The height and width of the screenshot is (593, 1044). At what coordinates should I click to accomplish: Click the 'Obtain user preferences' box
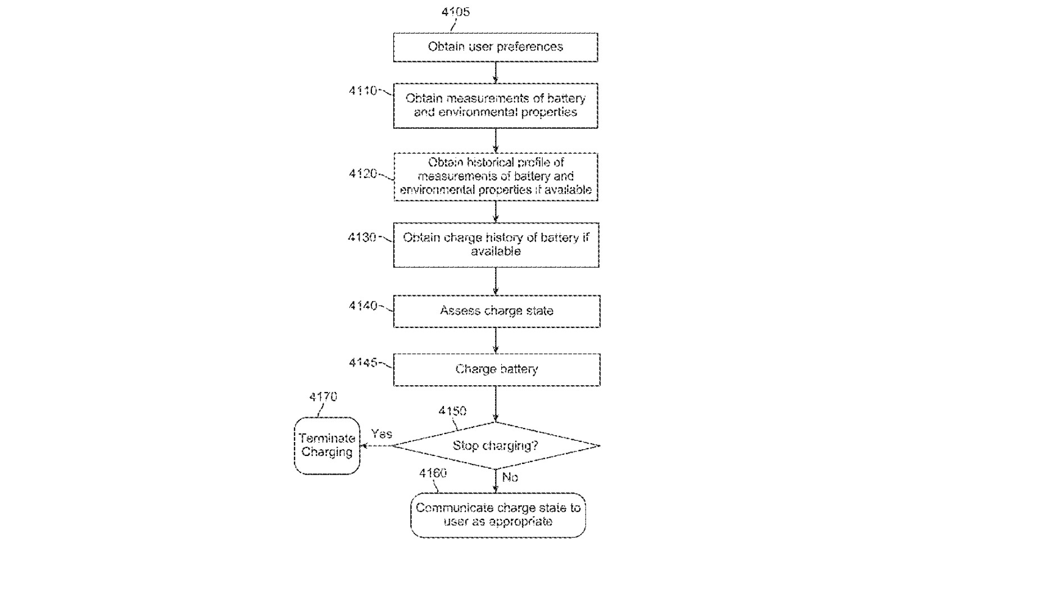coord(495,47)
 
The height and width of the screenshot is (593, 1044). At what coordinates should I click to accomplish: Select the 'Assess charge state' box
coord(496,311)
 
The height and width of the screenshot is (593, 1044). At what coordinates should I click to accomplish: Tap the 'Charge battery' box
coord(496,370)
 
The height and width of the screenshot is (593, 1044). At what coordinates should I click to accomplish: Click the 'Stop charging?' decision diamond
coord(495,446)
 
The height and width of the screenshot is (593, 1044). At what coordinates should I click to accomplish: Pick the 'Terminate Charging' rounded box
coord(326,446)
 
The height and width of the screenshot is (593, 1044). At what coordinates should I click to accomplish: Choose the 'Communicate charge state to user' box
coord(498,515)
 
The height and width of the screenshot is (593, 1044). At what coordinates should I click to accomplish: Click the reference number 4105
coord(455,12)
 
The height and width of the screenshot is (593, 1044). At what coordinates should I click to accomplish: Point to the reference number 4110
coord(362,91)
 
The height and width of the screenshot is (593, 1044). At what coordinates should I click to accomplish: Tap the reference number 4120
coord(362,174)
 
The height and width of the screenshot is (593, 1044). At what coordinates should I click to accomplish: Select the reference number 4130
coord(362,238)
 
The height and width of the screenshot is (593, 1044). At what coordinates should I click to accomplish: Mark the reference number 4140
coord(362,306)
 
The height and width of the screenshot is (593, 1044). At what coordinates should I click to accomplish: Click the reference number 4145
coord(362,363)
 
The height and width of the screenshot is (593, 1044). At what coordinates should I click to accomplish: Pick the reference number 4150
coord(452,411)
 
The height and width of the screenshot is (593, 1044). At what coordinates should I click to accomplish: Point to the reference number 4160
coord(433,473)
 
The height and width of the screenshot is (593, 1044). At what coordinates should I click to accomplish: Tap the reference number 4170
coord(323,397)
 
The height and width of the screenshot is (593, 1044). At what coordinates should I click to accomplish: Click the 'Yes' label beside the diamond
coord(382,434)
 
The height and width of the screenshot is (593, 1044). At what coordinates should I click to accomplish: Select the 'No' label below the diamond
coord(510,477)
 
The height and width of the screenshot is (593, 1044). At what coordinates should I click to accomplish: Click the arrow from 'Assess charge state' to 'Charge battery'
coord(496,340)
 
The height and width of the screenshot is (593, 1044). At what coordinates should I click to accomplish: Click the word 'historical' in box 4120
coord(484,163)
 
